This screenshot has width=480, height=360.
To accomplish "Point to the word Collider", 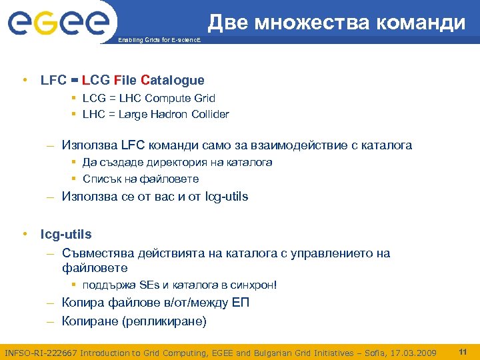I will point(209,114).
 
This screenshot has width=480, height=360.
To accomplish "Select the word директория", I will point(173,162).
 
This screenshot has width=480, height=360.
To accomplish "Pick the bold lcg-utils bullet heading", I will point(66,235).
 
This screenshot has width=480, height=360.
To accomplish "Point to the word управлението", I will point(330,253).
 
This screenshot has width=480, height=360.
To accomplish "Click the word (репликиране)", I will point(166,321).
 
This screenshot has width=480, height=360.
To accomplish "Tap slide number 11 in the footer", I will point(462,351).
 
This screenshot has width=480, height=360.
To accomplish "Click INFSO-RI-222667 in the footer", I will point(41,353).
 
